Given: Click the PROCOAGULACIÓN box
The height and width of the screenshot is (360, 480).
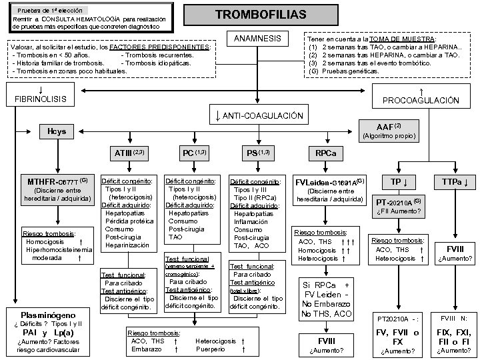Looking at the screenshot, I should pyautogui.click(x=421, y=96).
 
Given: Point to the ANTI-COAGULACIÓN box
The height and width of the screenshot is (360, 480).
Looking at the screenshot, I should pyautogui.click(x=257, y=116).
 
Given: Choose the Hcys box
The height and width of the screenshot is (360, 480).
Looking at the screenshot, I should pyautogui.click(x=57, y=131).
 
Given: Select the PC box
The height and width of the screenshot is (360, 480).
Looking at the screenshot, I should pyautogui.click(x=195, y=153).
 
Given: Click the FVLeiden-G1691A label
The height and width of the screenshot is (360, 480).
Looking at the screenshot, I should pyautogui.click(x=329, y=181).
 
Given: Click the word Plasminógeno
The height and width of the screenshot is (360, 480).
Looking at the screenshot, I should pyautogui.click(x=48, y=314).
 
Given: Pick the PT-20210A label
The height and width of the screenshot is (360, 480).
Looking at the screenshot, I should pyautogui.click(x=398, y=201).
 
